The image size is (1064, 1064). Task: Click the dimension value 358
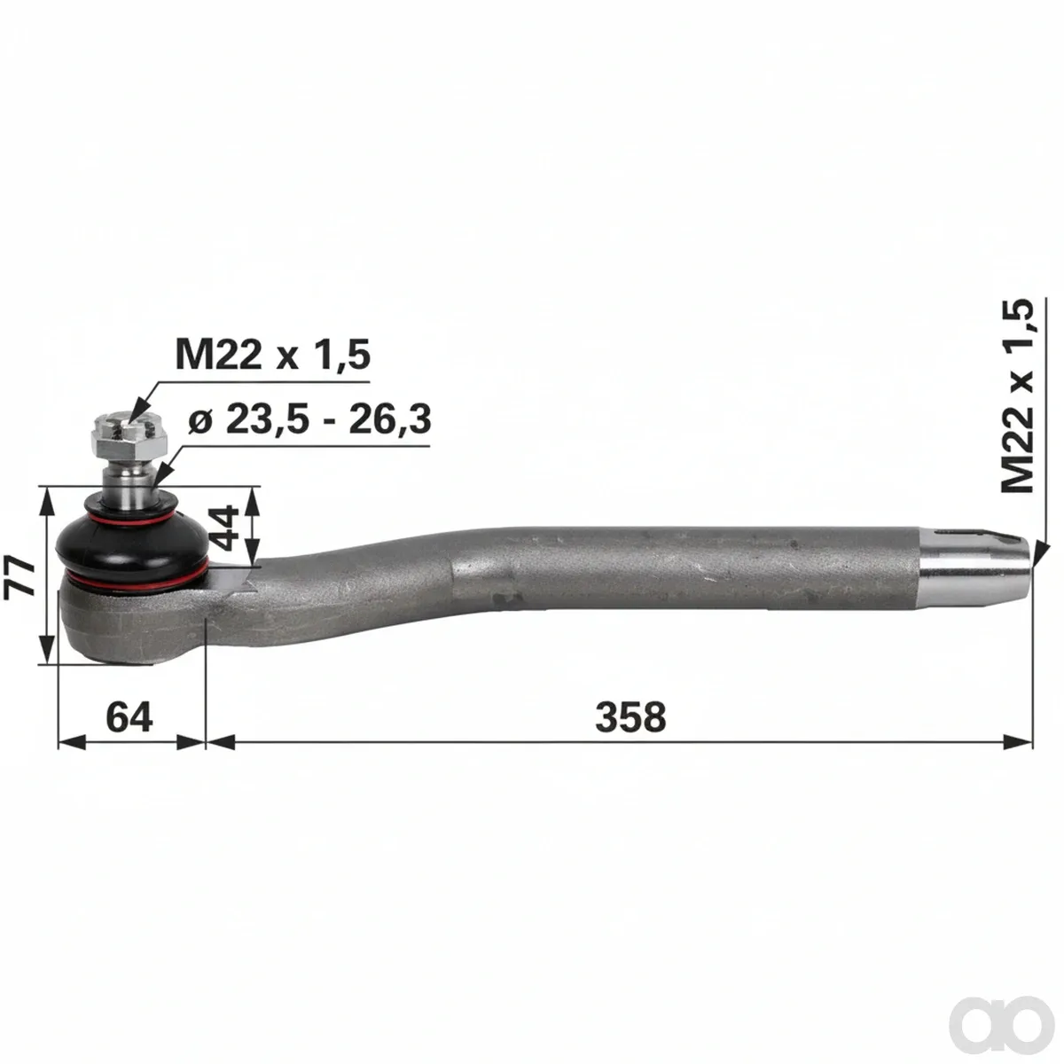[x=630, y=717]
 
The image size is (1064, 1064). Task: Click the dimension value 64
[x=129, y=717]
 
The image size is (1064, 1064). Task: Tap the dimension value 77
[x=20, y=577]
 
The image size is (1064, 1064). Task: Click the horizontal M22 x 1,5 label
[x=273, y=354]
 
